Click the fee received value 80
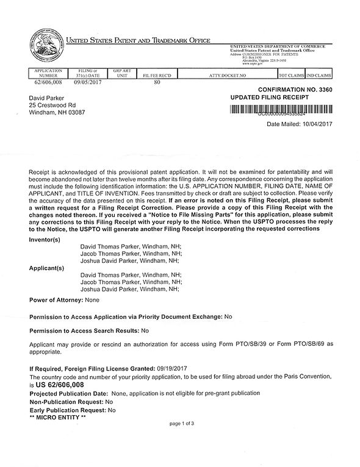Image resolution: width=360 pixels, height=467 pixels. coord(157,80)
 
